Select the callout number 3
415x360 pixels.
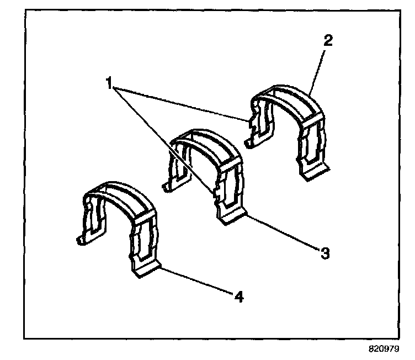(x=325, y=253)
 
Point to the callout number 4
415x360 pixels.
(x=238, y=297)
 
